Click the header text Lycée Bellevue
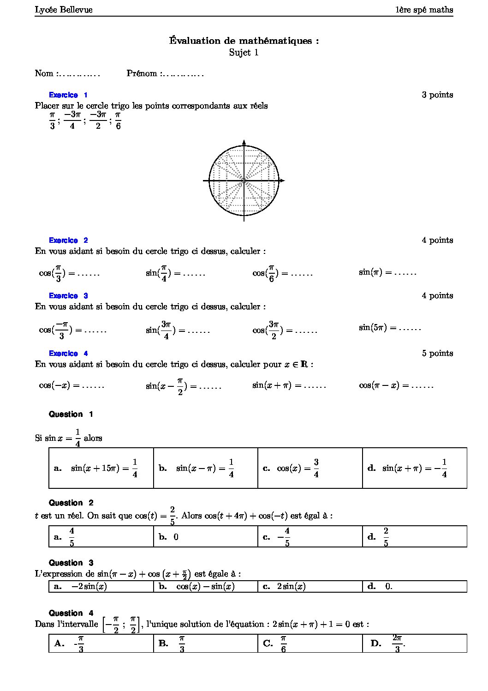pos(64,10)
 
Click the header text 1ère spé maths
pos(424,10)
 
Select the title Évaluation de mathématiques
pos(244,41)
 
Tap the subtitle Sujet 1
pos(244,53)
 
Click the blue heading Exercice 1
pos(68,95)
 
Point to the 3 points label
pos(437,95)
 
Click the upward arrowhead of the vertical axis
pos(244,142)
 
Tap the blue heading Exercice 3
pos(68,296)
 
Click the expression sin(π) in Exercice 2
pos(371,272)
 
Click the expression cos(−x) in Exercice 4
pos(54,385)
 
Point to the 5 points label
pos(437,353)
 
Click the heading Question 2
pos(71,503)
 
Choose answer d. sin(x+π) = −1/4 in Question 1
pos(408,468)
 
